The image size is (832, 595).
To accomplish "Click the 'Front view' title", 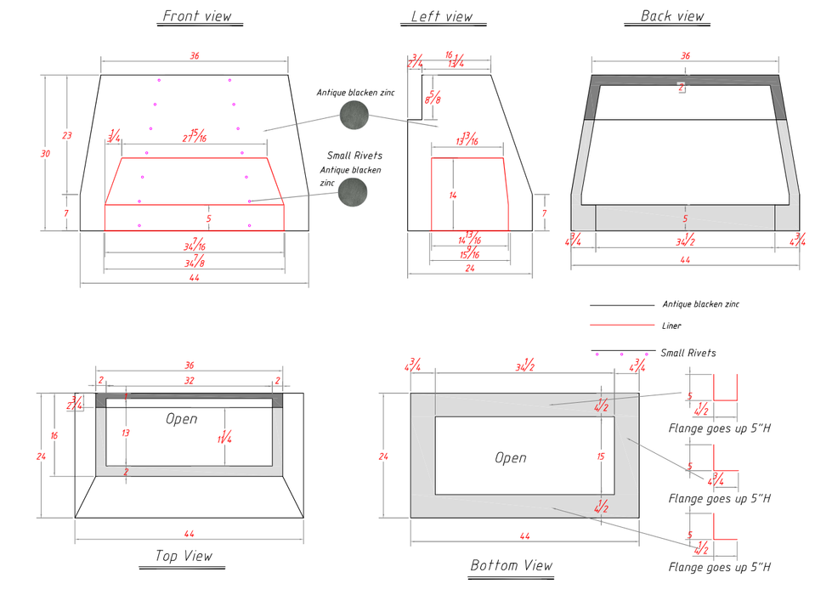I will tap(197, 16).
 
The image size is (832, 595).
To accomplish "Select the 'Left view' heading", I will tap(442, 16).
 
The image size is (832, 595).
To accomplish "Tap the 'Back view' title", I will tap(672, 16).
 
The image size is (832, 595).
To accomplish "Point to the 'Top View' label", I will tap(184, 556).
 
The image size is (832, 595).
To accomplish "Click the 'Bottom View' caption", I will tap(511, 565).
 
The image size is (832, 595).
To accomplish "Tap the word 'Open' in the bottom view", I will tap(511, 457).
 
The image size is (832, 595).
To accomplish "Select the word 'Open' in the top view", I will tap(182, 418).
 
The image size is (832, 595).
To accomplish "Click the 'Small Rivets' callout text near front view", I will tap(354, 156).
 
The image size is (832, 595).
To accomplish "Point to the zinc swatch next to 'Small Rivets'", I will tap(353, 193).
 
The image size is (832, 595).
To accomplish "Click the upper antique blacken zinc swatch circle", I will tap(354, 116).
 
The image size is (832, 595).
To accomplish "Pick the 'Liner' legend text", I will tap(671, 326).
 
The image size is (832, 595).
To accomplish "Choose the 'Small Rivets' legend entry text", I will tap(688, 353).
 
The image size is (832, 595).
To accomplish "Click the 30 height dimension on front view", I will tap(45, 153).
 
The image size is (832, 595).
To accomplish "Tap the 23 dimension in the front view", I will tap(66, 135).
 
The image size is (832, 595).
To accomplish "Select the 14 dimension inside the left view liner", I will tap(453, 195).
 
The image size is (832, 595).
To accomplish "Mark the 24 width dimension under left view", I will tap(468, 269).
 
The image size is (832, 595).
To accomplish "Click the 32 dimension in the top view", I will tap(189, 381).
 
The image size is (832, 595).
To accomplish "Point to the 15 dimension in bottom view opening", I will tap(600, 456).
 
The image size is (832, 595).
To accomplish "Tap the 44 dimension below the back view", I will tap(685, 259).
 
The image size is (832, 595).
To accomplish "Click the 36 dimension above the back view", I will tap(685, 55).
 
